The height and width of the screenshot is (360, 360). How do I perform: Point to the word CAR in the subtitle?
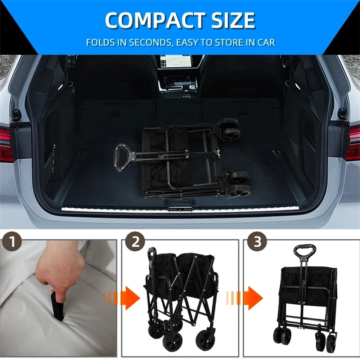click(265, 42)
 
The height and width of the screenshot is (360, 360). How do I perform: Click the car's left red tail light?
click(5, 144)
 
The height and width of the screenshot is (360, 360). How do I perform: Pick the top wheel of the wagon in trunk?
click(229, 128)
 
